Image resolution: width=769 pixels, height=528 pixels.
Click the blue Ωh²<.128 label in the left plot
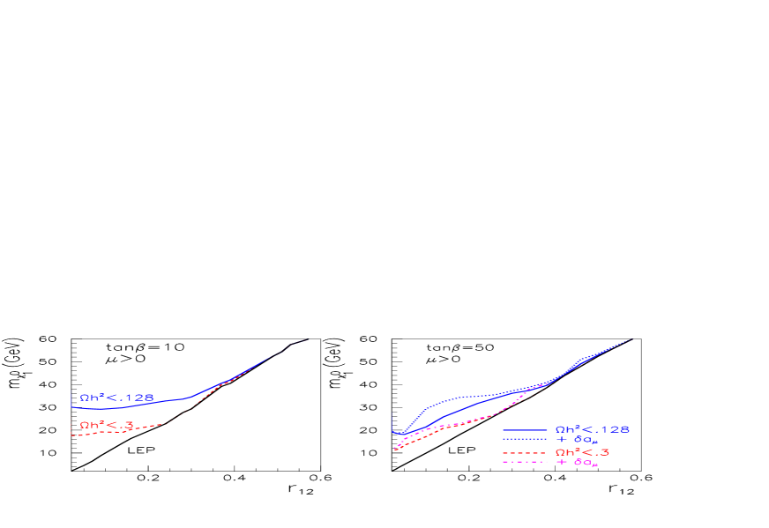tap(116, 398)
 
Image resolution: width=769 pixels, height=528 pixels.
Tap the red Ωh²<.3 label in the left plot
tap(106, 426)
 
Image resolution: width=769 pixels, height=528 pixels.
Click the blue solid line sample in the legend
tap(525, 430)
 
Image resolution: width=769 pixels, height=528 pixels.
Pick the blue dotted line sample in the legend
tap(525, 439)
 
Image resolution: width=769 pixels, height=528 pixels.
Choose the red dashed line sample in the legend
tap(525, 453)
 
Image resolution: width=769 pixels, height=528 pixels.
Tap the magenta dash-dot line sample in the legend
tap(525, 462)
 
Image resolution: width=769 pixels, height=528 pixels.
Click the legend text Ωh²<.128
tap(592, 430)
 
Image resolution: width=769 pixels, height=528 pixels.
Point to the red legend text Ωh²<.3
tap(582, 453)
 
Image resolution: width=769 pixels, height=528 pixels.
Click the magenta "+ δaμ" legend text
tap(578, 463)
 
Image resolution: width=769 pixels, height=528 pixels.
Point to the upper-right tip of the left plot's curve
tap(308, 338)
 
